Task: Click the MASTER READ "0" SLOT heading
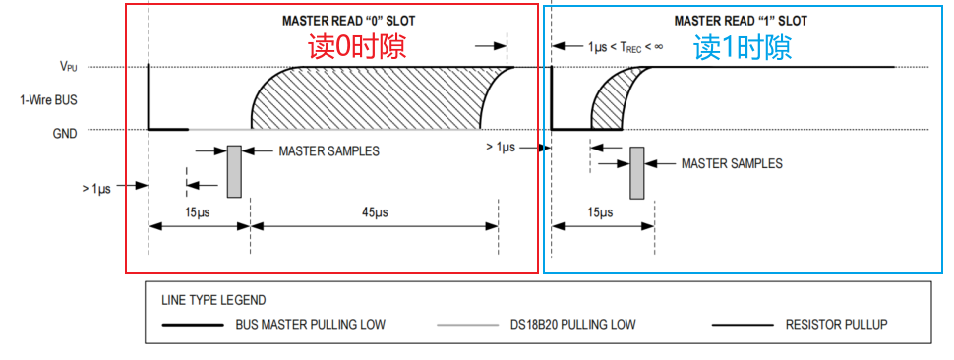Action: [348, 21]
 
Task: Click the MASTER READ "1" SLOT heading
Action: [741, 21]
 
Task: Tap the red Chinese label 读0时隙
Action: [357, 47]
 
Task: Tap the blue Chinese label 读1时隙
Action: [743, 47]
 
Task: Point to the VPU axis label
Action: [68, 67]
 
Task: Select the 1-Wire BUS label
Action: [48, 100]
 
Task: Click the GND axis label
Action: [66, 134]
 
